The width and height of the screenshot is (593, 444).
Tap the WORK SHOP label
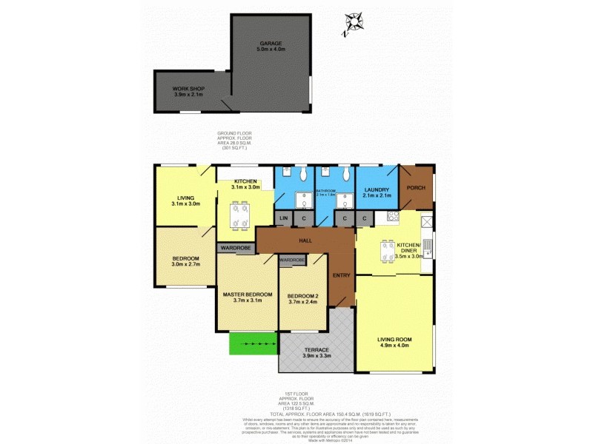[188, 89]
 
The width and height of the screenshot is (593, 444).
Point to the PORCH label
[417, 187]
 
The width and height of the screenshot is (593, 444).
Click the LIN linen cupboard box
[283, 218]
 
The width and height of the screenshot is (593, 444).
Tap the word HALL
[305, 240]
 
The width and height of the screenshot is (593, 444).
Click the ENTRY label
[342, 275]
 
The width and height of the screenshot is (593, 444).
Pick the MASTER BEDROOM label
[248, 295]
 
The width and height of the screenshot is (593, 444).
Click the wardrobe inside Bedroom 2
[293, 260]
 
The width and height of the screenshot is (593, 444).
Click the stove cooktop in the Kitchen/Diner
[392, 217]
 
